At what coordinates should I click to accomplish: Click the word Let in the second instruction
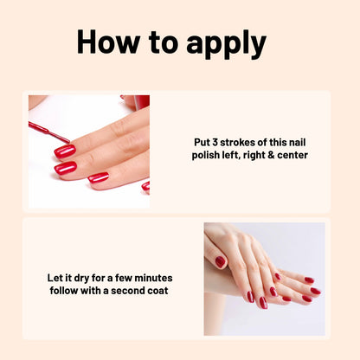pos(56,278)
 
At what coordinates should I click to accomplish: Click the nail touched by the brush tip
pos(65,151)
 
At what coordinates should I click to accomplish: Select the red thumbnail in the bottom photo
pos(221,261)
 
